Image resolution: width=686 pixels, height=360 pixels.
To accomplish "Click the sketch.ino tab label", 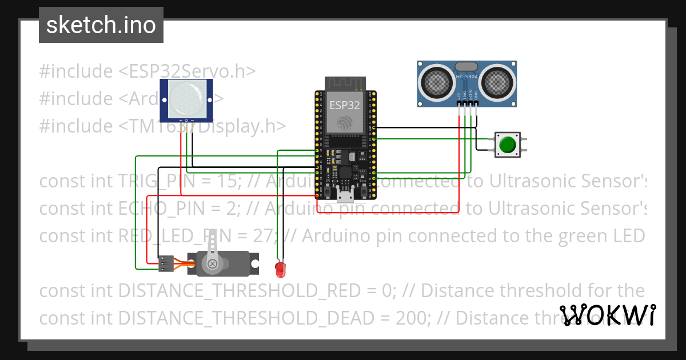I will tap(101, 25).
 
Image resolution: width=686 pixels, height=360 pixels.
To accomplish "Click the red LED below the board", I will tap(280, 267).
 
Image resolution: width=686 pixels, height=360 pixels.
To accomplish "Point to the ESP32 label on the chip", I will tap(345, 105).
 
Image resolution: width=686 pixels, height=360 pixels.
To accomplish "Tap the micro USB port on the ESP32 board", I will tap(345, 197).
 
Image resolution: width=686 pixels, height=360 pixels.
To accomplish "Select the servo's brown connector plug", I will tap(166, 263).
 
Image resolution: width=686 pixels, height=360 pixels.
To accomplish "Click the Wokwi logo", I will tap(608, 315).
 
